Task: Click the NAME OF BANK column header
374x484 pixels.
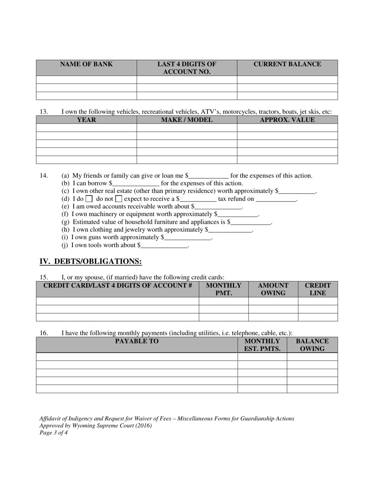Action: click(86, 65)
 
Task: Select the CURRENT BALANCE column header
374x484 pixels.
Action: click(287, 65)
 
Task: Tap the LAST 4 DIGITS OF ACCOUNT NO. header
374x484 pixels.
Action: click(187, 68)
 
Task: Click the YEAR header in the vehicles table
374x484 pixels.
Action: click(86, 120)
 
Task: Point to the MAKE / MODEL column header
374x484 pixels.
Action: click(187, 120)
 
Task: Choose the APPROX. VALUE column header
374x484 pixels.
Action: click(287, 120)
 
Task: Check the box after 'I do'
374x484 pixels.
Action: click(89, 199)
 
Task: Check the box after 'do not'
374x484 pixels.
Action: click(118, 199)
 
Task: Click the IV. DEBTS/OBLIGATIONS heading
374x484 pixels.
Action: click(91, 262)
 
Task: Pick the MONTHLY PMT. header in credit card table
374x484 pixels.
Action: click(224, 289)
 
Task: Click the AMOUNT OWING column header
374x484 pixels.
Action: click(273, 289)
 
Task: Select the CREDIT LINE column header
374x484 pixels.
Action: click(318, 289)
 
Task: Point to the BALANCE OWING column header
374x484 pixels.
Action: click(312, 345)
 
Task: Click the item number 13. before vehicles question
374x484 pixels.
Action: click(44, 112)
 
